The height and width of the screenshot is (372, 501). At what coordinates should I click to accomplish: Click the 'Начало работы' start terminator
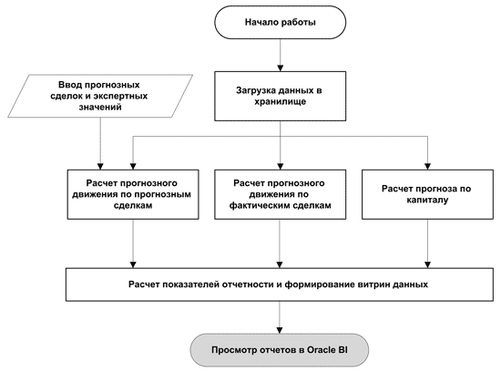click(280, 23)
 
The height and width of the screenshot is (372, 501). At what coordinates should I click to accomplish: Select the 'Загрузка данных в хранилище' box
click(280, 96)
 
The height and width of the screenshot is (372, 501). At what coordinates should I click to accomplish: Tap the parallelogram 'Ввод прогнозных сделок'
click(100, 96)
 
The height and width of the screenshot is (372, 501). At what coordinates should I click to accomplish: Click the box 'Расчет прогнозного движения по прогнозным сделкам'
click(133, 194)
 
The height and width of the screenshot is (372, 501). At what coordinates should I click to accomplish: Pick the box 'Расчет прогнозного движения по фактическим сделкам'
click(280, 194)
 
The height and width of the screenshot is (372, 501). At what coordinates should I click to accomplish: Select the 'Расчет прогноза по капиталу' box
click(427, 194)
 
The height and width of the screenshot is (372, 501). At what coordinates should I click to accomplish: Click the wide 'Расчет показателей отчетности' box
click(280, 284)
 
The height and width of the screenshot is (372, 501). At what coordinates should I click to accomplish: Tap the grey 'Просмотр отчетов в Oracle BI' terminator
click(280, 350)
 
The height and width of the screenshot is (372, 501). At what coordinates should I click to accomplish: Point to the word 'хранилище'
click(280, 102)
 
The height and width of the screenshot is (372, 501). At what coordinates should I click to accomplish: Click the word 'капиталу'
click(427, 200)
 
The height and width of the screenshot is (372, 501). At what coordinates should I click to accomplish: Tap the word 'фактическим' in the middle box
click(258, 205)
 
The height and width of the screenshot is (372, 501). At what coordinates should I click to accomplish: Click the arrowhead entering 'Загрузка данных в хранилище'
click(281, 68)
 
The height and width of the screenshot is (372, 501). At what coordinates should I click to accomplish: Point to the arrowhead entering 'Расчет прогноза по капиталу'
click(427, 166)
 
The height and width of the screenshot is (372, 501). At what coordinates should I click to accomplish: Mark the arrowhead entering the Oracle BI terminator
click(280, 330)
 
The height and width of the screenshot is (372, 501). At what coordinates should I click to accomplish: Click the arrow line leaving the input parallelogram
click(100, 144)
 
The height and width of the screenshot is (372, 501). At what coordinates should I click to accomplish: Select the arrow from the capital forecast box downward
click(427, 243)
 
